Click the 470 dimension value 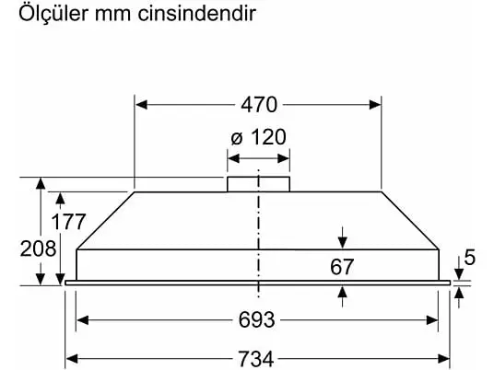[259, 104]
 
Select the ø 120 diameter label [258, 137]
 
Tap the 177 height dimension [68, 222]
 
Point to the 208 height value [38, 249]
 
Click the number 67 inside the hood [342, 267]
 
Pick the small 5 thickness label [469, 257]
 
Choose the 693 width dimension [256, 320]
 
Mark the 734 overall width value [255, 359]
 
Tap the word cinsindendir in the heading [196, 13]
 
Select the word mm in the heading [112, 16]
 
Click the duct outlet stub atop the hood [258, 184]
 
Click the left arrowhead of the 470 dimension [141, 104]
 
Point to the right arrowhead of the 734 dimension [443, 359]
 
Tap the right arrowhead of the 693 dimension [432, 320]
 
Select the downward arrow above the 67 [343, 237]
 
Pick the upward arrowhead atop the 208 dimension [41, 183]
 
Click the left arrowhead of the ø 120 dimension [233, 158]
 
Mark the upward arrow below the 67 [343, 296]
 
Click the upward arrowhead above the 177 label [60, 198]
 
